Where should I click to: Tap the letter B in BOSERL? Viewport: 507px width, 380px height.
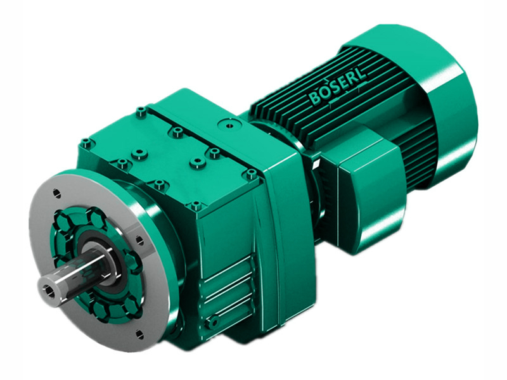(315, 99)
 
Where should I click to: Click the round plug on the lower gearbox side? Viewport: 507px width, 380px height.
(214, 323)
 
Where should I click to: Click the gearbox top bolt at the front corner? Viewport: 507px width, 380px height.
(196, 206)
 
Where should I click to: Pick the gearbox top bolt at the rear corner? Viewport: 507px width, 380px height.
(140, 112)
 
